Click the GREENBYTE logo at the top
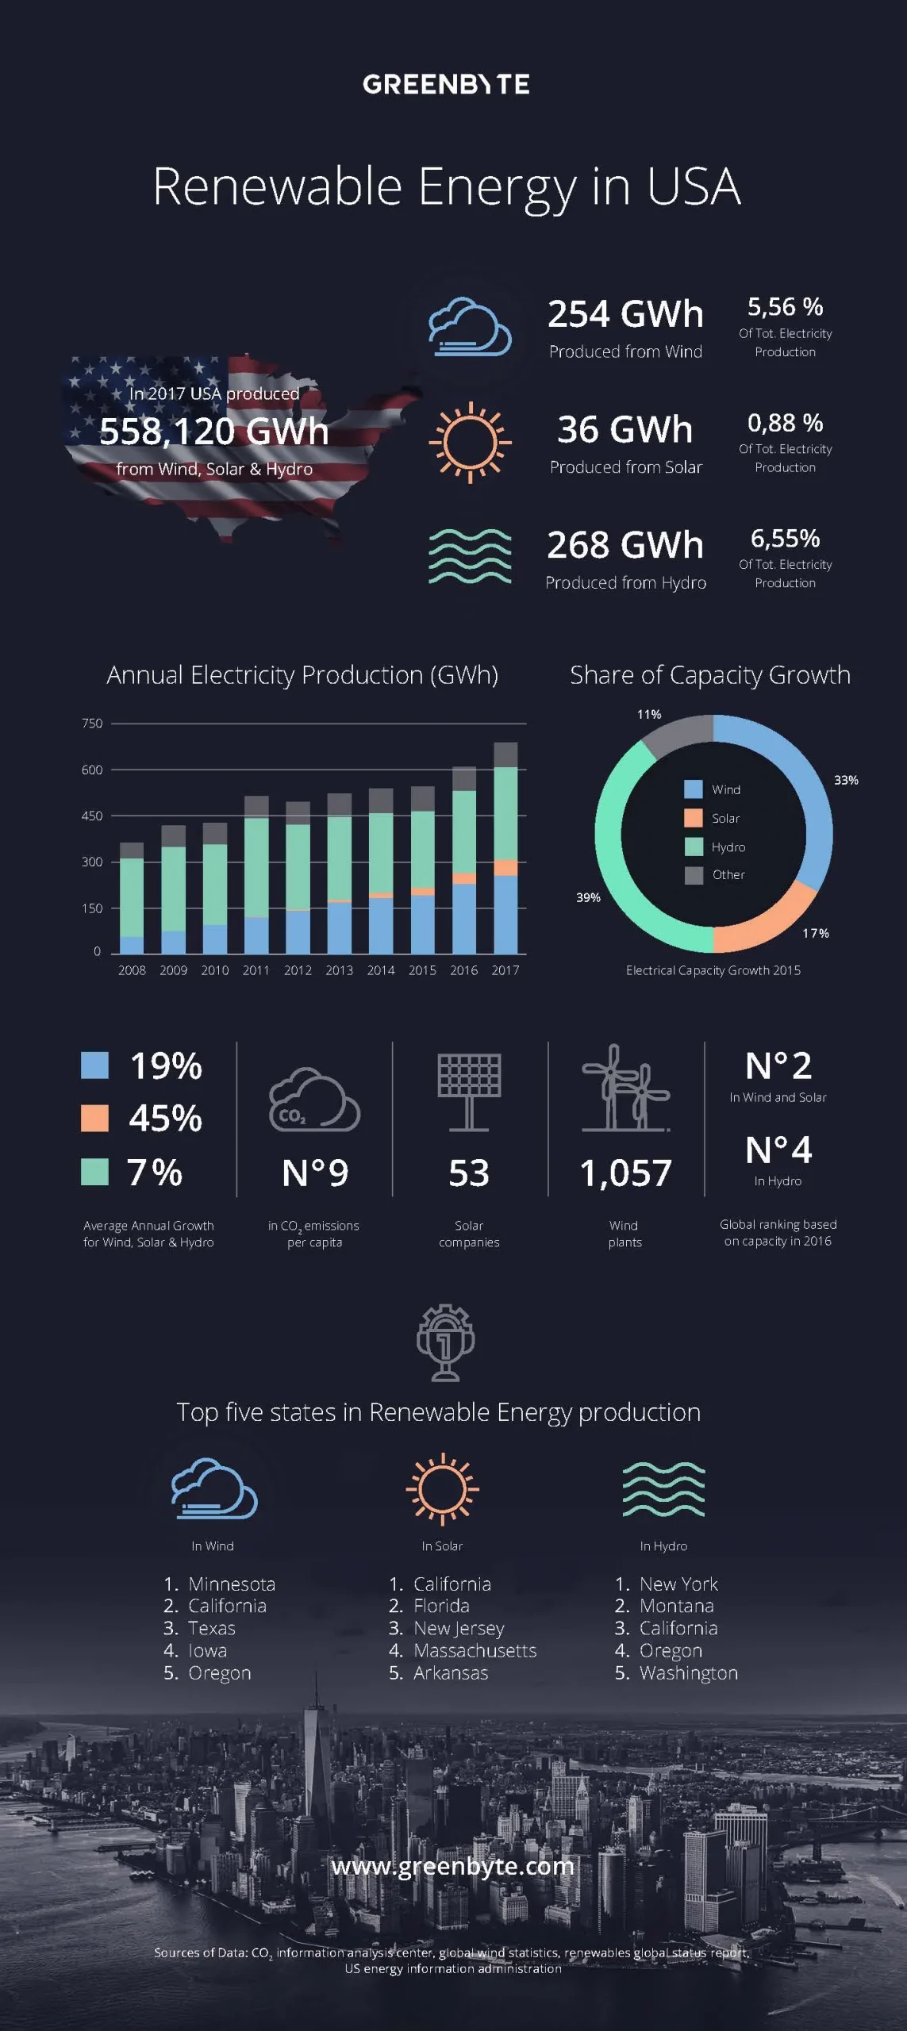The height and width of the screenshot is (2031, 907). point(446,84)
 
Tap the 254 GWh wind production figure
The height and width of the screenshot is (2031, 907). point(625,314)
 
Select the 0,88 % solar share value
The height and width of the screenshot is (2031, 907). point(785,423)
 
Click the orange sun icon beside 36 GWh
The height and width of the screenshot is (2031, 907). point(470,442)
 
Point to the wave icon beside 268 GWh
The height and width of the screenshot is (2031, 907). point(470,556)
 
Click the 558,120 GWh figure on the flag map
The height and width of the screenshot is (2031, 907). point(214,432)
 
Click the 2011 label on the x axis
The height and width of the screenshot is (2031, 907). point(256,970)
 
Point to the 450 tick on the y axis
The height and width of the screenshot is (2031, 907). point(92,816)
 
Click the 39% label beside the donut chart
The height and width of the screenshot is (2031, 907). point(588,897)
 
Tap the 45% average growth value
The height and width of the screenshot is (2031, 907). point(166,1118)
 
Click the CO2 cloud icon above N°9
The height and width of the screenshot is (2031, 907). point(314,1100)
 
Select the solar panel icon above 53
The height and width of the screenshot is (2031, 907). point(469,1091)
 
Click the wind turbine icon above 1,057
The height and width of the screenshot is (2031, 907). point(625,1088)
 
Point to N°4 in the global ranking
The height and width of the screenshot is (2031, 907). point(778,1150)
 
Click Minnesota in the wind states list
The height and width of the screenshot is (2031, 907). point(232,1584)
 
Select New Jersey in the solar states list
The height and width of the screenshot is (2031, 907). point(459,1628)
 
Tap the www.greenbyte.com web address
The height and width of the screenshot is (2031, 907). point(452,1865)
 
